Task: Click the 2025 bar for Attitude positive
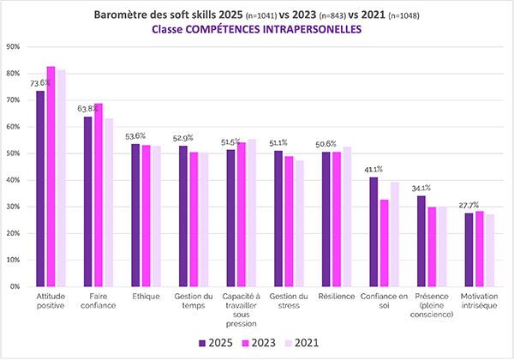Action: (40, 189)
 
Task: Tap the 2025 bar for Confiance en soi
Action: (374, 232)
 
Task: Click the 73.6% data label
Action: (39, 83)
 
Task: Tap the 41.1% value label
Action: (374, 170)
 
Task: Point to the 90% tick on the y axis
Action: (14, 46)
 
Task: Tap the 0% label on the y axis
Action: (16, 286)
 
